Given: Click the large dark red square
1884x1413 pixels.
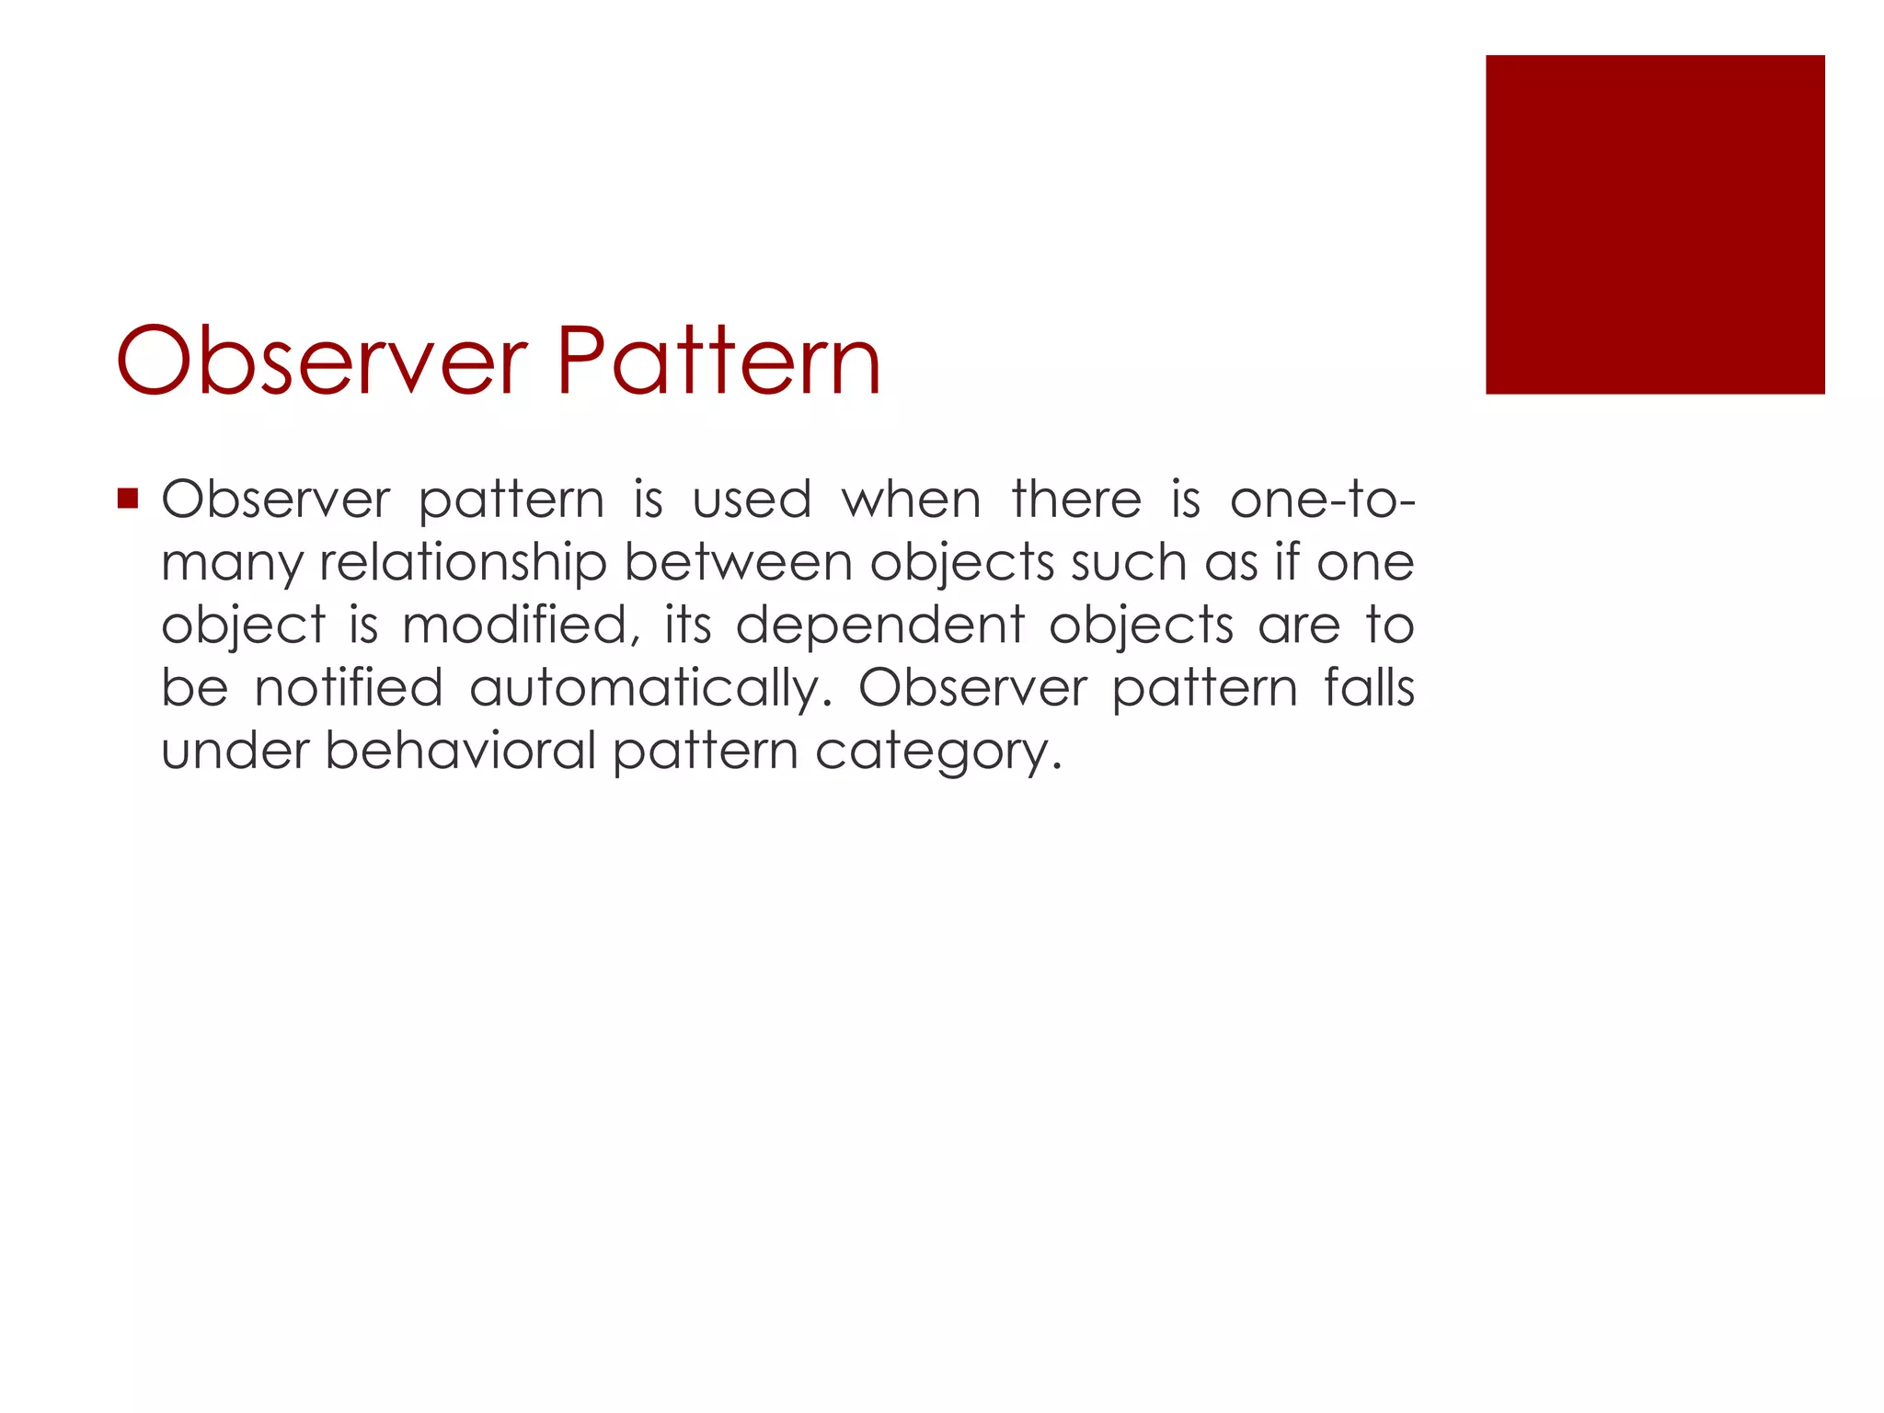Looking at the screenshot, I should pyautogui.click(x=1654, y=224).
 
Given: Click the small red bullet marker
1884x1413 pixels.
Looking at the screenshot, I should pyautogui.click(x=128, y=500).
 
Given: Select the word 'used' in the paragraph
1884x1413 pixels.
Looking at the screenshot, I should pyautogui.click(x=752, y=501).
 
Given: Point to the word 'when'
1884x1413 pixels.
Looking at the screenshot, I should pyautogui.click(x=911, y=501).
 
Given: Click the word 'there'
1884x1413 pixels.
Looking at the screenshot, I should pyautogui.click(x=1076, y=501).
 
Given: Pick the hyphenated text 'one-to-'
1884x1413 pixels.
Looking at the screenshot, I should pyautogui.click(x=1322, y=501).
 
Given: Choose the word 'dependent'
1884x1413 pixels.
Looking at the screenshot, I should pyautogui.click(x=879, y=626).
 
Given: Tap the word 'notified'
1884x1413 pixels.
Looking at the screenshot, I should pyautogui.click(x=349, y=688).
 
